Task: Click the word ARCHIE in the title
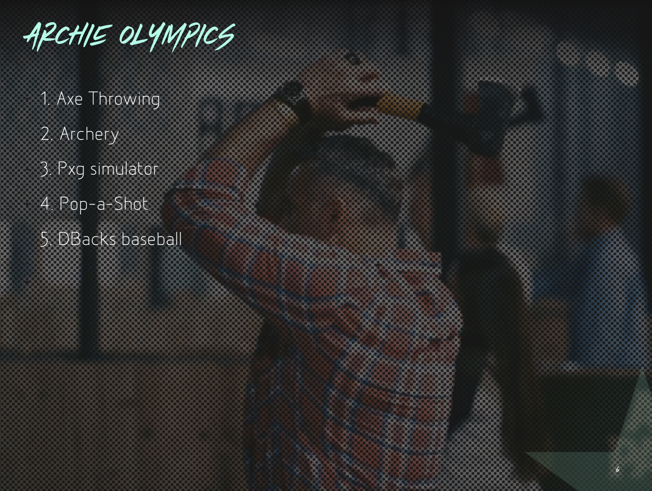68,37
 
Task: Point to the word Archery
89,135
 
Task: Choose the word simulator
124,168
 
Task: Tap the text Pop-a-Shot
104,204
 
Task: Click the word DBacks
87,238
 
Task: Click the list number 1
45,99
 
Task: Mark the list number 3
46,169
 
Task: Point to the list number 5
46,239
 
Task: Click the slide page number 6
617,469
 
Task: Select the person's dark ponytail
481,312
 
